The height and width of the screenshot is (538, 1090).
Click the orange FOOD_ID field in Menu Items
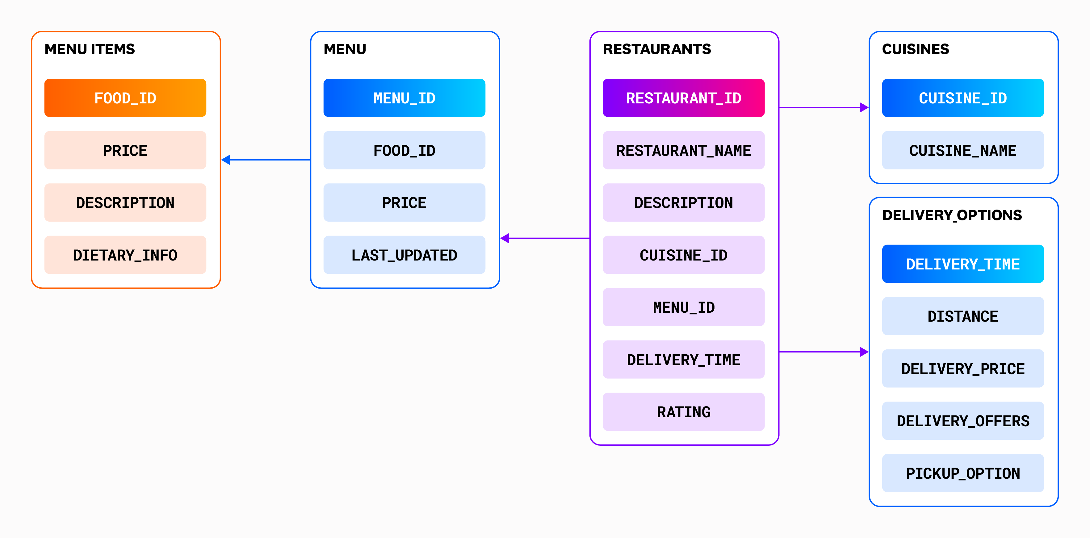tap(125, 98)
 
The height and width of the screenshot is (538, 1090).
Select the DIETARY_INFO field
tap(125, 255)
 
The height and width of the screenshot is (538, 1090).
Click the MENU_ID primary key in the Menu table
tap(404, 98)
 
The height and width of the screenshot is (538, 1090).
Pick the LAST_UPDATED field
tap(404, 255)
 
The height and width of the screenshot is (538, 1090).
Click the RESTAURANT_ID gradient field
tap(683, 98)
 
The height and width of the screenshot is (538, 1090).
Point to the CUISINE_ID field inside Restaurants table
tap(683, 255)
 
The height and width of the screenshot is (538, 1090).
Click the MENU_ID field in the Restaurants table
tap(683, 307)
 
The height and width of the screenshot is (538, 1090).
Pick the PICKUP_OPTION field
tap(963, 473)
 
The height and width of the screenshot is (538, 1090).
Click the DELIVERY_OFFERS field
tap(963, 420)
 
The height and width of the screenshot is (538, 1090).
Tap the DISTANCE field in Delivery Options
tap(963, 316)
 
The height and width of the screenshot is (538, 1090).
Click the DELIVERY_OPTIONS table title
tap(952, 215)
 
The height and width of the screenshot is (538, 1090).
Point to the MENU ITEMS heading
tap(90, 49)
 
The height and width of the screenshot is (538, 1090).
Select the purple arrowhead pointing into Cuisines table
tap(864, 107)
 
